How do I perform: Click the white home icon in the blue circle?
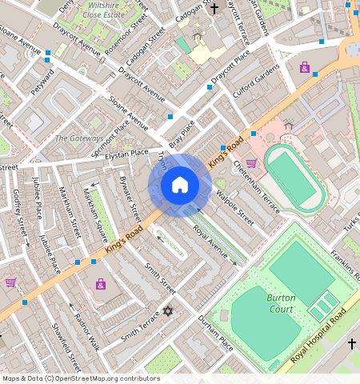180,186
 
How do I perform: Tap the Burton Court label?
280,303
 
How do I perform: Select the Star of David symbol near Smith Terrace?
167,310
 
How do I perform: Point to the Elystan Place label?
127,153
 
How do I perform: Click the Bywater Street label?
127,198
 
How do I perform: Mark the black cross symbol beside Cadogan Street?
214,9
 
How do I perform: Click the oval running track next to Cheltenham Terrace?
294,175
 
